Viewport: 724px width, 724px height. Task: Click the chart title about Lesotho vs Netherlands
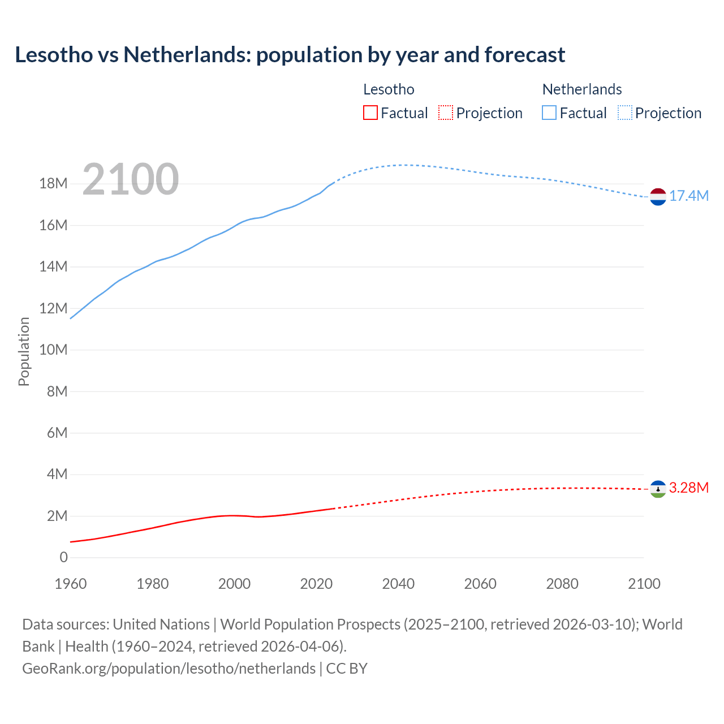click(x=290, y=55)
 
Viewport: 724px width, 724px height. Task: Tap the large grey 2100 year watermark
click(x=131, y=179)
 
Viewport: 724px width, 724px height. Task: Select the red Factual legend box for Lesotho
click(x=370, y=113)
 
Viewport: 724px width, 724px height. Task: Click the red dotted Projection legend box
click(x=446, y=113)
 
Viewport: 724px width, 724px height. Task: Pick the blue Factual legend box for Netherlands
click(x=549, y=113)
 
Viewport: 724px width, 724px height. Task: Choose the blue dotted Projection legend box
click(x=624, y=113)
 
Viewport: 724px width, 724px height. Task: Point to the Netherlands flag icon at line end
click(x=658, y=197)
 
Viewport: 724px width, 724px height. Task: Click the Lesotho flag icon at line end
click(x=658, y=489)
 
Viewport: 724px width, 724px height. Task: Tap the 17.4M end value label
click(x=689, y=196)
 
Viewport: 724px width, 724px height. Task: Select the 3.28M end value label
click(x=689, y=488)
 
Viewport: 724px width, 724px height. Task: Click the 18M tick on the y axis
click(x=53, y=184)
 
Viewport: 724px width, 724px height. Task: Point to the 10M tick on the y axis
click(x=53, y=350)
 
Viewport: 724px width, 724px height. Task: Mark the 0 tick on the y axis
click(x=63, y=558)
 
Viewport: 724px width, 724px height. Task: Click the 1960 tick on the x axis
click(x=71, y=584)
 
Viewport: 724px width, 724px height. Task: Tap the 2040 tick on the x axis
click(x=398, y=584)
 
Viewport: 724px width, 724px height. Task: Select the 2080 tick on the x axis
click(x=562, y=584)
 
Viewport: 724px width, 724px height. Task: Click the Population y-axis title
click(x=24, y=351)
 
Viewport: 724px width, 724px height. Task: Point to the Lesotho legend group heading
click(x=389, y=89)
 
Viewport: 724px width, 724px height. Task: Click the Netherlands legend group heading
click(x=582, y=89)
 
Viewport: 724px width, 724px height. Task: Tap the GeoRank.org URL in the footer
click(x=169, y=669)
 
